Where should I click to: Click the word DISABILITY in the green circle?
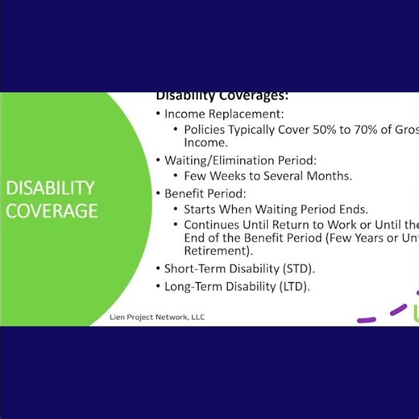(x=50, y=188)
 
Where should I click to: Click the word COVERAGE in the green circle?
(x=52, y=211)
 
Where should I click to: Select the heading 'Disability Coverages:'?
(x=222, y=96)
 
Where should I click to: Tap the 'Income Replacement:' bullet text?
(x=224, y=114)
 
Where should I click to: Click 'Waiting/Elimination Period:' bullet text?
(x=240, y=160)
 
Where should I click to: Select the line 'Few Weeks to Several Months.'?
(x=268, y=175)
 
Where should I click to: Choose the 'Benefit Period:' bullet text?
(x=205, y=193)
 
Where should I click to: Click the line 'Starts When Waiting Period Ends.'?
(x=276, y=209)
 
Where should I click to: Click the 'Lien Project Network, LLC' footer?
(x=157, y=317)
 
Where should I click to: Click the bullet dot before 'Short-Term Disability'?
(x=158, y=268)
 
